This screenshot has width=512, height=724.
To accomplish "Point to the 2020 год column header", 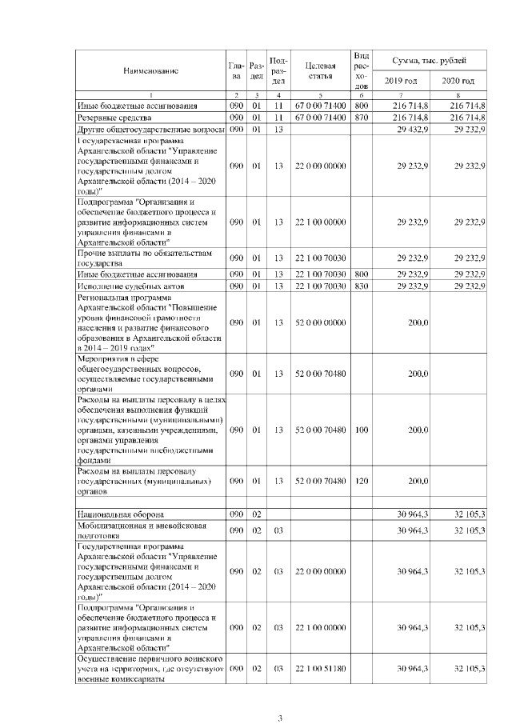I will pos(458,82).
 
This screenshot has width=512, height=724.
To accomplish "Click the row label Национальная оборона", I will pos(121,513).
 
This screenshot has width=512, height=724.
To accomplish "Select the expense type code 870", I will pos(361,117).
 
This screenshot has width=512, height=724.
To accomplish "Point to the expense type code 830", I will pos(361,286).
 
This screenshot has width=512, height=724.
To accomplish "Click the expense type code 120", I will pos(361,481).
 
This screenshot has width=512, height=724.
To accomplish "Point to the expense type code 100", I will pos(361,430).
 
